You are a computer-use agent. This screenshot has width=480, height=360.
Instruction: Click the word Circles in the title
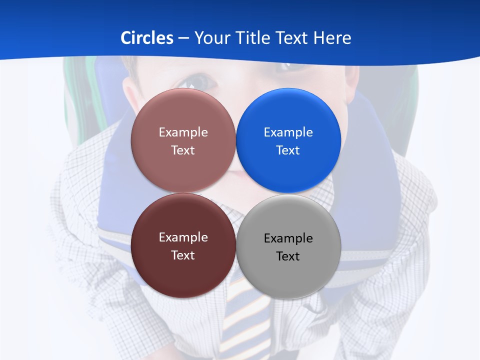click(147, 38)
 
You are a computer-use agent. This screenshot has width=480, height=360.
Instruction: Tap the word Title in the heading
click(255, 38)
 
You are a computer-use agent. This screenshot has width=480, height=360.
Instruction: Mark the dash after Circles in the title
click(183, 38)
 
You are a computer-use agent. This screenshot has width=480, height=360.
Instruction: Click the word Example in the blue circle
click(288, 132)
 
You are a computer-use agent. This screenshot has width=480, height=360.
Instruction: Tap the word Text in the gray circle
click(288, 256)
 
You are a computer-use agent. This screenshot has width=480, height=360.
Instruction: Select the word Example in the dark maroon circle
click(183, 237)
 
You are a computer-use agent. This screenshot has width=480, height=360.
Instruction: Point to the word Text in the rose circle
click(183, 150)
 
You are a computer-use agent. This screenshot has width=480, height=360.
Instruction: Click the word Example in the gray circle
click(288, 238)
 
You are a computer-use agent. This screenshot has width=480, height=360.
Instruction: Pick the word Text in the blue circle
click(288, 150)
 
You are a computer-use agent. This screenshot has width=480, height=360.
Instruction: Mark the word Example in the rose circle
click(183, 132)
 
